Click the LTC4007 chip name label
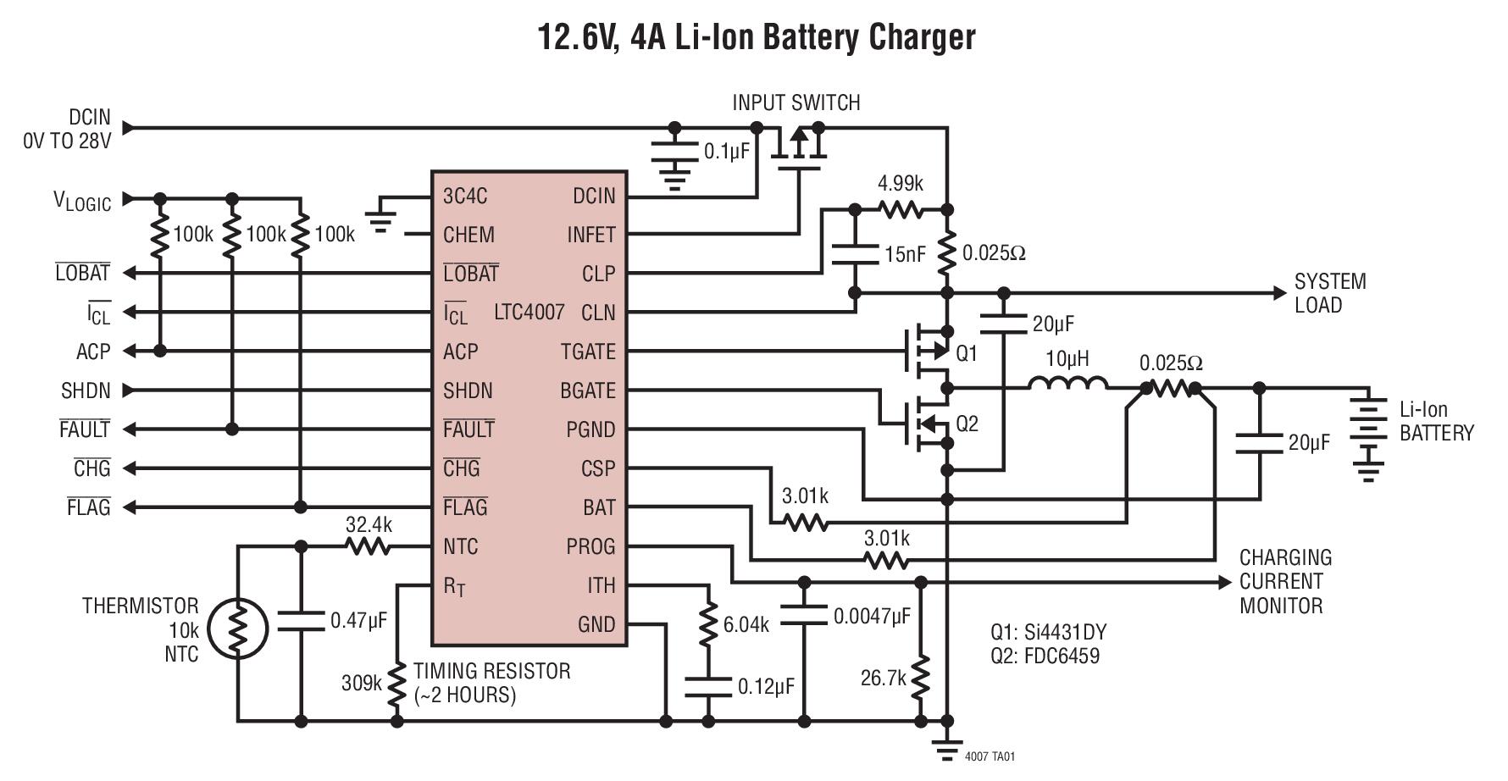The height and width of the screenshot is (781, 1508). pyautogui.click(x=529, y=313)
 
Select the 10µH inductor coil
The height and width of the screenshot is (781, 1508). pyautogui.click(x=1067, y=385)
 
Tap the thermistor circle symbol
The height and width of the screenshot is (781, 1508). pyautogui.click(x=238, y=629)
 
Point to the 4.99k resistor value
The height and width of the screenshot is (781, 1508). pyautogui.click(x=900, y=184)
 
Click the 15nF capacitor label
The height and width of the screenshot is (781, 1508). pyautogui.click(x=905, y=253)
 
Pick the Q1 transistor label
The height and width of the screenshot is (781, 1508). pyautogui.click(x=967, y=353)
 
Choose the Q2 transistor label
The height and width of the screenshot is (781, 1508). pyautogui.click(x=967, y=424)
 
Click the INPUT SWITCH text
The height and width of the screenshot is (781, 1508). pyautogui.click(x=796, y=103)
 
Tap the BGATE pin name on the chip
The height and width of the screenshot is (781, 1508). pyautogui.click(x=587, y=390)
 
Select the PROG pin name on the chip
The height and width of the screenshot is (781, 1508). pyautogui.click(x=590, y=546)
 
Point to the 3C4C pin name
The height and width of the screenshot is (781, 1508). pyautogui.click(x=465, y=197)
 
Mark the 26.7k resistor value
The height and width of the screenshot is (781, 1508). pyautogui.click(x=883, y=679)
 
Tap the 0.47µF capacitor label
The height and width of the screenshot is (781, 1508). pyautogui.click(x=358, y=621)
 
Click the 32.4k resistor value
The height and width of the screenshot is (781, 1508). pyautogui.click(x=369, y=525)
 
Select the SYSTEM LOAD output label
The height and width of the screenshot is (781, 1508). pyautogui.click(x=1330, y=293)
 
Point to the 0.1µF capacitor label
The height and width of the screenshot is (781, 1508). pyautogui.click(x=727, y=152)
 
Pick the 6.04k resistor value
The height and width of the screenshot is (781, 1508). pyautogui.click(x=746, y=625)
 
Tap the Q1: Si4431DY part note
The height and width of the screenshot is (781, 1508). pyautogui.click(x=1048, y=632)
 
